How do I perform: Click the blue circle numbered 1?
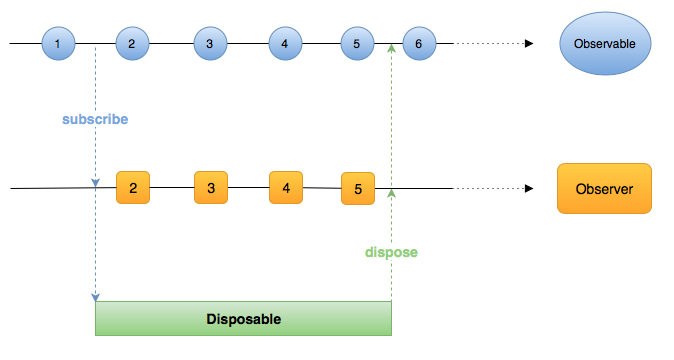point(58,44)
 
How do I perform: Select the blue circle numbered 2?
point(132,44)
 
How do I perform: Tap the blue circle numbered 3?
point(209,44)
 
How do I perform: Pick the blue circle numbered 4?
point(285,44)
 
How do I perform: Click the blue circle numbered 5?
point(356,44)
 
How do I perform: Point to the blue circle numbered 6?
point(419,44)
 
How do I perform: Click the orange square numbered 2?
point(133,187)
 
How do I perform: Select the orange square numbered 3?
point(211,187)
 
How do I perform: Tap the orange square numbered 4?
point(286,187)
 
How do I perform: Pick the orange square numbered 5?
point(358,188)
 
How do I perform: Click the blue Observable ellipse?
point(605,44)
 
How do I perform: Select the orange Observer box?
point(604,188)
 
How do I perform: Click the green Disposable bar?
point(243,319)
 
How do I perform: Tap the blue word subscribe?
point(95,119)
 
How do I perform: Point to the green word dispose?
point(390,252)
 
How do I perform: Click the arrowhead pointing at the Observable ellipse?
point(528,44)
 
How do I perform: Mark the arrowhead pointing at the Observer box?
point(528,188)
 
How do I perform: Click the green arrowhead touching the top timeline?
point(391,48)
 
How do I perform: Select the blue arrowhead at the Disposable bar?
point(95,297)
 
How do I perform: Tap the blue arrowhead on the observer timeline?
point(95,183)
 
